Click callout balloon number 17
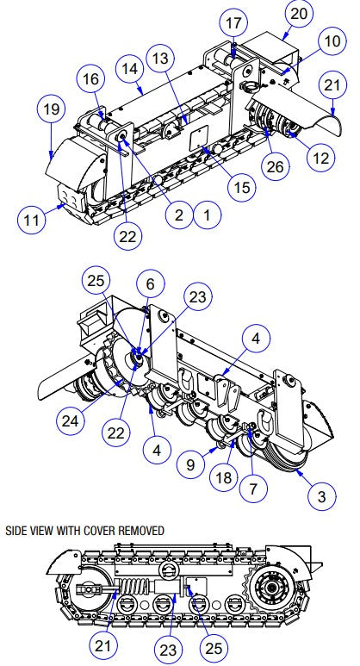[234, 21]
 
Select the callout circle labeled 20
[298, 14]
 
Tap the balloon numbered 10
[332, 40]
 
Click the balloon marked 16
[90, 79]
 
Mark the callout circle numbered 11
[32, 220]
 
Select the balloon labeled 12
[321, 158]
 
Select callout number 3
[321, 497]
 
